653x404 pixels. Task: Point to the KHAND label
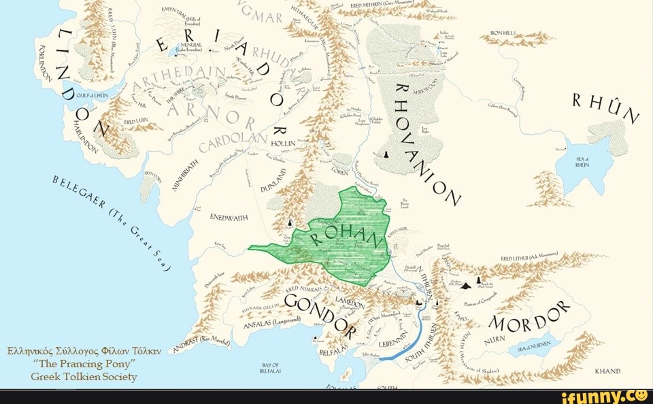tap(607, 371)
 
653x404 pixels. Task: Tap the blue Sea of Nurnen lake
tap(537, 346)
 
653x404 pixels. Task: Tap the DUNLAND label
tap(274, 181)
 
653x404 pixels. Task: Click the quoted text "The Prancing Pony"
tap(85, 364)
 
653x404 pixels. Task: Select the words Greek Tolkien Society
tap(84, 377)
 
